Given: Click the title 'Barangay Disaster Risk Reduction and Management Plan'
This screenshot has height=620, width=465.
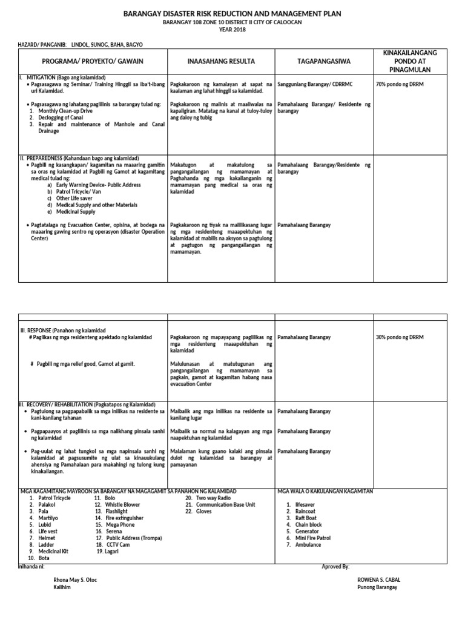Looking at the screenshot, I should [x=232, y=13].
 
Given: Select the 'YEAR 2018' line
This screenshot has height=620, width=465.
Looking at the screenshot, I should [x=232, y=29].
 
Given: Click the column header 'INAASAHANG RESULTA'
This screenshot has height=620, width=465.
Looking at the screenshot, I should [x=220, y=62].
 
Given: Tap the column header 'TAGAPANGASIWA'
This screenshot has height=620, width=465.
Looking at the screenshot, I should [x=324, y=62].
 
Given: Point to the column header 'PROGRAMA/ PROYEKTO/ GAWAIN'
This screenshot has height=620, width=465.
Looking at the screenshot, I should [x=93, y=62].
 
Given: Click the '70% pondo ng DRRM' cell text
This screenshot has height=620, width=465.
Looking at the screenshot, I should [x=400, y=84].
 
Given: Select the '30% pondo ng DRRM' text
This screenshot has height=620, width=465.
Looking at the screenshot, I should [x=400, y=337].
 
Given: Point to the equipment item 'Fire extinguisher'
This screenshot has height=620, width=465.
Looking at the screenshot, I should [x=124, y=518].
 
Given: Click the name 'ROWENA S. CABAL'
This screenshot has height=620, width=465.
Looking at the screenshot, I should [x=379, y=579].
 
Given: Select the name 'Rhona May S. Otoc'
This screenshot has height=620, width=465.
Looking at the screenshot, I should [x=75, y=579].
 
